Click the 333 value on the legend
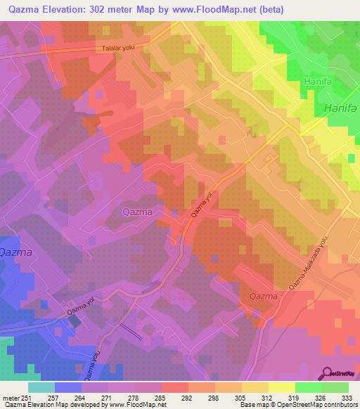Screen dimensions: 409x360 point(347,397)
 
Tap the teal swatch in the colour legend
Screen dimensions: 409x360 point(41,387)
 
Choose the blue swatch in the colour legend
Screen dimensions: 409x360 point(68,387)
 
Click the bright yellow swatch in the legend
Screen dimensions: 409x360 point(282,387)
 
